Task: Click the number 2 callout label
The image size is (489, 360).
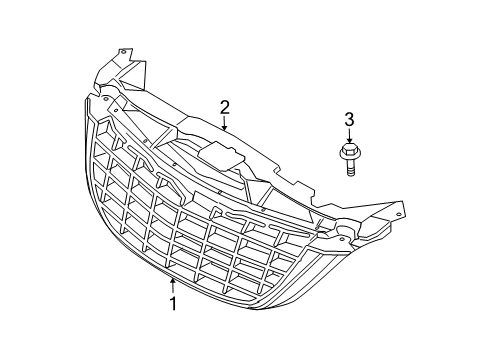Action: coord(226,107)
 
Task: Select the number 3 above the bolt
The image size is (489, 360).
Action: coord(349,121)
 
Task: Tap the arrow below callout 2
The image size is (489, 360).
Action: coord(226,124)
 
